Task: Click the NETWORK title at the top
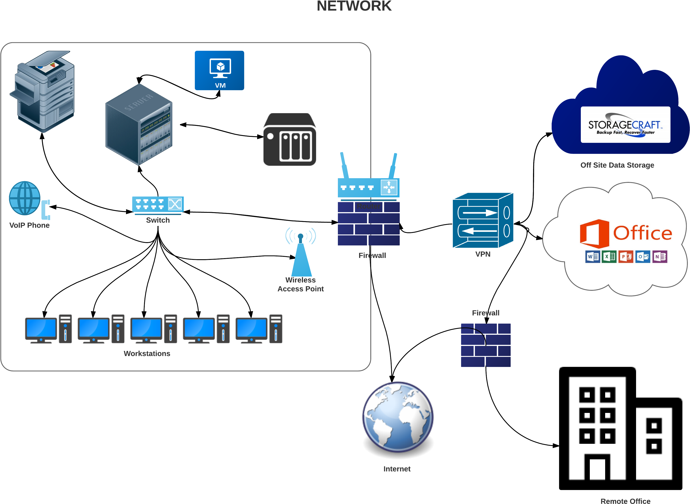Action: click(354, 6)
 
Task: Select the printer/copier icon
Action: click(43, 92)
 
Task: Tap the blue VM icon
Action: click(219, 70)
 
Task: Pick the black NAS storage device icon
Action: click(290, 139)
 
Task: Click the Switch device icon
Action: click(158, 204)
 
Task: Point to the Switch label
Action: click(158, 220)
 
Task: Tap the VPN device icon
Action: click(483, 220)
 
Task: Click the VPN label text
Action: click(483, 254)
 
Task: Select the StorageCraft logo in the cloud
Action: click(625, 125)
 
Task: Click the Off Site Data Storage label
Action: click(617, 165)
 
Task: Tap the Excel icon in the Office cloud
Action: click(609, 257)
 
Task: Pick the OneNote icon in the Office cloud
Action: click(660, 257)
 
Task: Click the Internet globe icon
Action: click(398, 416)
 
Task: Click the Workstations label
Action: click(147, 354)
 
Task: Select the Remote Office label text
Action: click(625, 501)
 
